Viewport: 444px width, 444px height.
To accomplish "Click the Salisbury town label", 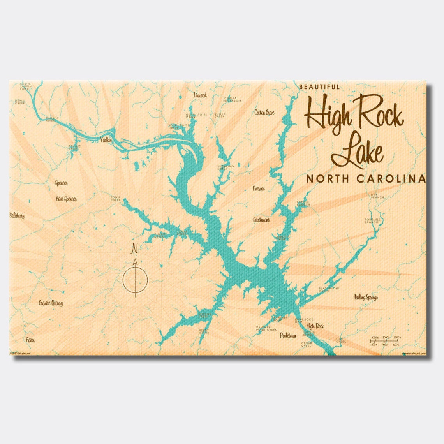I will (x=17, y=215).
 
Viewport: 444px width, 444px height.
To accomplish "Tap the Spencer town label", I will (x=62, y=183).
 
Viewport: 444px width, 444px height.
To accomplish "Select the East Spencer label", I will (x=66, y=199).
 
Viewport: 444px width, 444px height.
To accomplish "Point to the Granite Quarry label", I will (x=51, y=303).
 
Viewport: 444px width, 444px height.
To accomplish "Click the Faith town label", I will (x=30, y=340).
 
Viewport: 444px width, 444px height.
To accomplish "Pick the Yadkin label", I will (x=106, y=139).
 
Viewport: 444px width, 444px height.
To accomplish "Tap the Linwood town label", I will (x=200, y=95).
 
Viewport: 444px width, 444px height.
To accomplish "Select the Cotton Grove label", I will (x=264, y=113).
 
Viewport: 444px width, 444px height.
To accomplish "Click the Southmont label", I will (x=261, y=220).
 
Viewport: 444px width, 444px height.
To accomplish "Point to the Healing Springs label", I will (x=365, y=297).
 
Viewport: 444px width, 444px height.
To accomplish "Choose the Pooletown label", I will (x=288, y=335).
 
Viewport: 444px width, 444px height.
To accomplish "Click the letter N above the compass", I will (x=135, y=248).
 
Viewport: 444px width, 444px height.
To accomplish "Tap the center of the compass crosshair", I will (x=135, y=279).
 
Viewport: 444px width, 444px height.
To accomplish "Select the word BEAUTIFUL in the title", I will (x=319, y=87).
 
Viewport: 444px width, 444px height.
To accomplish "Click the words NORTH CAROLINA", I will (x=365, y=179).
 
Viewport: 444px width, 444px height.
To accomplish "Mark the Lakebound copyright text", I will (x=20, y=353).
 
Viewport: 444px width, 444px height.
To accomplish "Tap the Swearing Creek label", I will (x=226, y=167).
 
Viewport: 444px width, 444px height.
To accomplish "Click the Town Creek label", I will (x=116, y=198).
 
